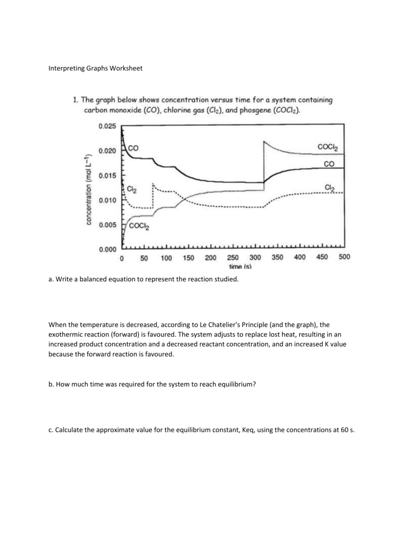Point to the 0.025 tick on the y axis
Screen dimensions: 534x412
[109, 126]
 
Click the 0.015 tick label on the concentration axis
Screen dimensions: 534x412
[109, 176]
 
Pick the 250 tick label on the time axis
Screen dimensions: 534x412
[233, 257]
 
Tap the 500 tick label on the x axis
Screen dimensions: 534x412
[344, 257]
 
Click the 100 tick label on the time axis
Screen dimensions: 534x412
[166, 257]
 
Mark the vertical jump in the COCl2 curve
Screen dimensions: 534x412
[264, 161]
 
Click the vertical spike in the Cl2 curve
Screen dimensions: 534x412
[153, 196]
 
